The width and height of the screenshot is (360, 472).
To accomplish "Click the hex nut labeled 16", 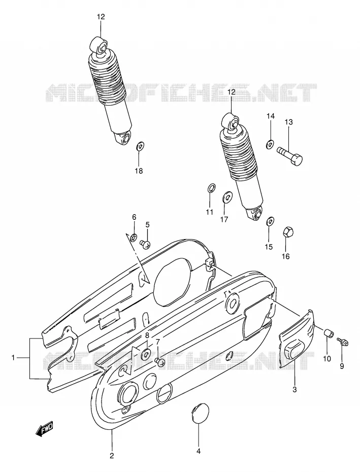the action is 288,232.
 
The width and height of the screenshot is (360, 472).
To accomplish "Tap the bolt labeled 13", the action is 289,155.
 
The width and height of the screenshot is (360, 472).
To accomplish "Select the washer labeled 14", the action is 270,144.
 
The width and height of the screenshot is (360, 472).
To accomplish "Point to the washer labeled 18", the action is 140,147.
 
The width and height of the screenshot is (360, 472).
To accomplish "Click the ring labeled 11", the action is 212,188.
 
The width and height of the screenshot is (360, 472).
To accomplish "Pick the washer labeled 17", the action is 226,197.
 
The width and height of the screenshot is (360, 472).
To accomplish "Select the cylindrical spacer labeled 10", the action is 329,334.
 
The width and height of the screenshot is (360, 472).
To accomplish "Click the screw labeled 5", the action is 145,244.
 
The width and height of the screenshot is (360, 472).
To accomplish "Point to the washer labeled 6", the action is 134,239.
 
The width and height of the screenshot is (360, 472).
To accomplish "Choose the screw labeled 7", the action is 159,362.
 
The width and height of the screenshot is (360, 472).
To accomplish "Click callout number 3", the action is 294,389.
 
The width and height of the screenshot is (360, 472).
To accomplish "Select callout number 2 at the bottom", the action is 112,455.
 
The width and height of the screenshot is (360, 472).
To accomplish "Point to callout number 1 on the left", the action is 13,358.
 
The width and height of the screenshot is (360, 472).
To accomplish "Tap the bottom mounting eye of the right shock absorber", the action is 255,213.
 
